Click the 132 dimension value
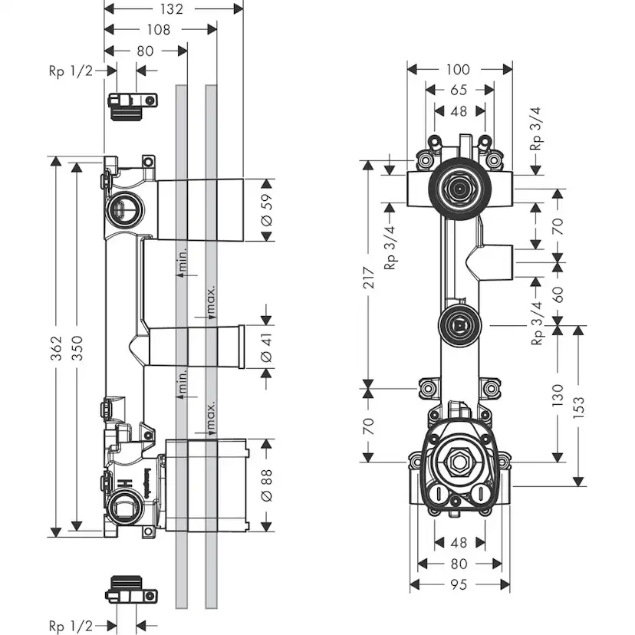[173, 9]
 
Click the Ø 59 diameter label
[267, 210]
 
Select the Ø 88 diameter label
[267, 485]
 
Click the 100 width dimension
[459, 70]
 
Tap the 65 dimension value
[459, 90]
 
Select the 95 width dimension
[459, 584]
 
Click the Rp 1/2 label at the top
[70, 71]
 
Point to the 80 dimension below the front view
[459, 564]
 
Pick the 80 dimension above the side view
[145, 51]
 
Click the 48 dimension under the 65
[459, 110]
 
